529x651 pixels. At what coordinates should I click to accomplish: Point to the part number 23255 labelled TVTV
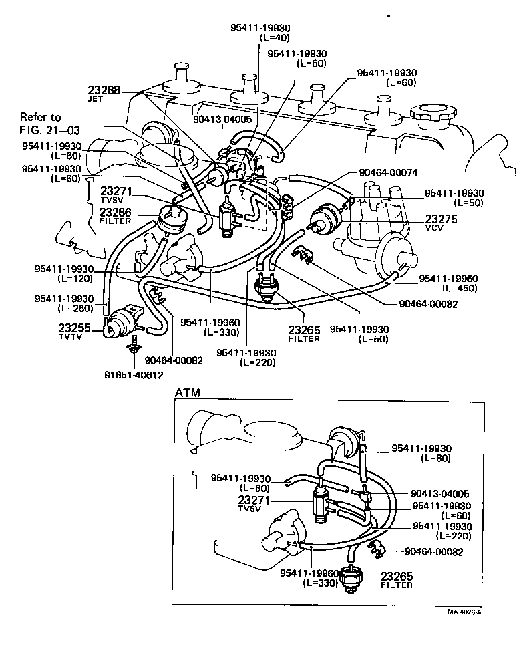pos(75,328)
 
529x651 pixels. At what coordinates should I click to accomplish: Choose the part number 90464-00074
pos(387,172)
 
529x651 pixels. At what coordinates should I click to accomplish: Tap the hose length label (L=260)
pos(74,308)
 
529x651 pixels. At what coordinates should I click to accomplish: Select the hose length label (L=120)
pos(74,277)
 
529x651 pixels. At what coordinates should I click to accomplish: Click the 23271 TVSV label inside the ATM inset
pos(261,503)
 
